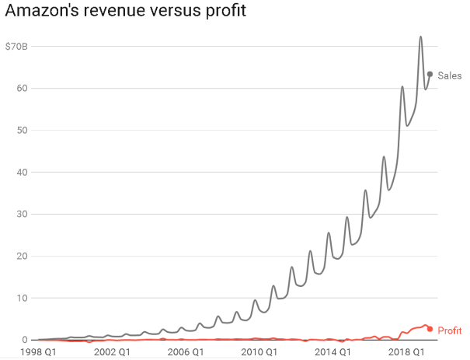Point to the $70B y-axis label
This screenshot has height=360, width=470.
16,46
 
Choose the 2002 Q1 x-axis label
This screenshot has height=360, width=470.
110,352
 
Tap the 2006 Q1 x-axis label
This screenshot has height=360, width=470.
186,352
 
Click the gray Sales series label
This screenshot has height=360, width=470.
449,75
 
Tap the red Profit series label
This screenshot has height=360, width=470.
450,330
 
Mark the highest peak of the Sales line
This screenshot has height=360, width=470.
421,37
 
